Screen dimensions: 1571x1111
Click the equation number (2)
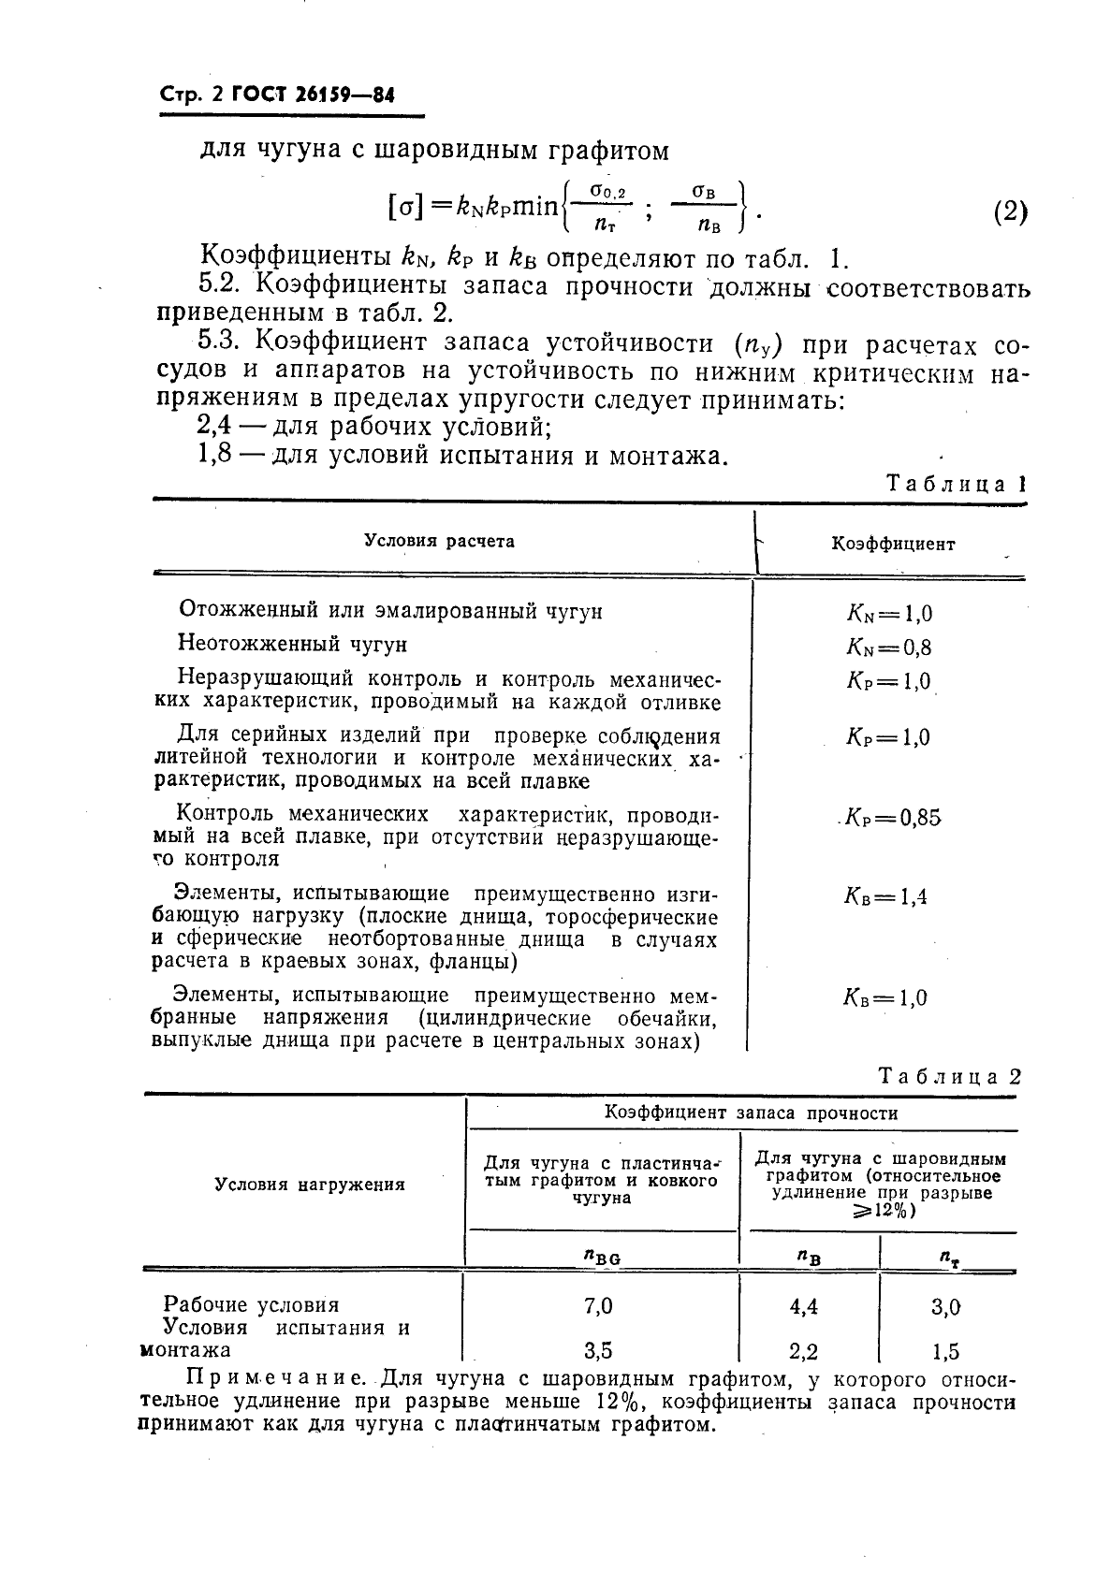point(1009,211)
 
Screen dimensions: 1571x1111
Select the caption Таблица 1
point(955,484)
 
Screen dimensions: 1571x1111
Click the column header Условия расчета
point(439,541)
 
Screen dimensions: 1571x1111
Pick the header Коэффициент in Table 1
point(893,544)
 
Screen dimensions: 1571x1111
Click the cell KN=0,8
point(888,647)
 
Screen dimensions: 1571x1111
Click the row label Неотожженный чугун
point(293,644)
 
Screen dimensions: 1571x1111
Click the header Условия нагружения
point(310,1185)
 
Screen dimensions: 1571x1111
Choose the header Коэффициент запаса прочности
point(751,1113)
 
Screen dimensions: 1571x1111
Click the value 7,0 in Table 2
point(598,1305)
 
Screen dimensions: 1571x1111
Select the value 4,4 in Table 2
point(804,1306)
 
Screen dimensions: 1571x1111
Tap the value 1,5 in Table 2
point(945,1351)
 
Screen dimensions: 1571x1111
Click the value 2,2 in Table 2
point(804,1351)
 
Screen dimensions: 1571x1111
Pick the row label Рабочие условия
point(252,1304)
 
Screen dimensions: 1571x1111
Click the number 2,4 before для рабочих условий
point(218,427)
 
